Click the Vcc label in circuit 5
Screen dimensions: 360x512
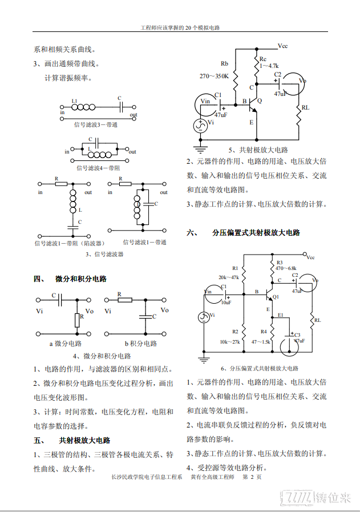click(x=282, y=46)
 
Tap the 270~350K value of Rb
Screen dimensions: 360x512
click(x=214, y=76)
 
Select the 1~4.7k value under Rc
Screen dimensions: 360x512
click(x=269, y=66)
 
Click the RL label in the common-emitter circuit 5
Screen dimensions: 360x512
click(x=305, y=107)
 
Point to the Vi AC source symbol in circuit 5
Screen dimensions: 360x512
click(x=200, y=126)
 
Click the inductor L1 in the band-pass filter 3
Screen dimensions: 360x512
click(x=83, y=107)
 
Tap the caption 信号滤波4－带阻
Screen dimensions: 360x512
click(x=98, y=168)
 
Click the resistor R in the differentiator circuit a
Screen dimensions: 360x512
click(x=77, y=320)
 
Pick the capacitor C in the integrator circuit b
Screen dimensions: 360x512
click(x=146, y=316)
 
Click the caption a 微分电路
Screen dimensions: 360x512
click(x=66, y=344)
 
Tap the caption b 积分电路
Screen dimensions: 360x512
click(x=141, y=344)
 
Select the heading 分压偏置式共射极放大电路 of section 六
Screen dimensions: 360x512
click(x=256, y=233)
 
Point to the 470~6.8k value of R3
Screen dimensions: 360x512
click(x=286, y=268)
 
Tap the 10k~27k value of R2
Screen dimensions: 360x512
click(x=230, y=342)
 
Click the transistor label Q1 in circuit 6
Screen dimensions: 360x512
click(x=276, y=297)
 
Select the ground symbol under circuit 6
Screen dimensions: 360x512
click(x=204, y=360)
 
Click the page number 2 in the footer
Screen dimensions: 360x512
click(x=252, y=477)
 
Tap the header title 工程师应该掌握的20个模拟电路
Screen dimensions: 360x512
click(x=180, y=28)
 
